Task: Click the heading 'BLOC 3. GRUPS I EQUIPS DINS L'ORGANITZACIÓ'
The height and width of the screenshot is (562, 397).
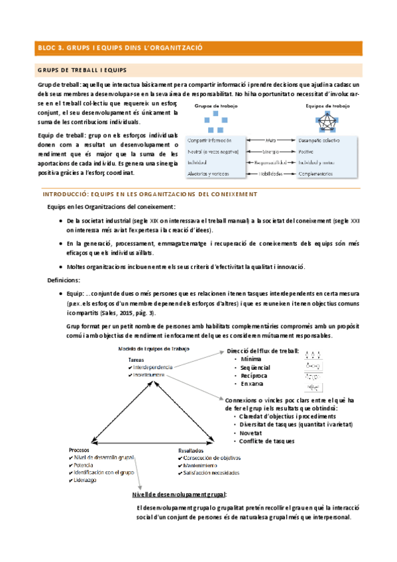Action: [119, 48]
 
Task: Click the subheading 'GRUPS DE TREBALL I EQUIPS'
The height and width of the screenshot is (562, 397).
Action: [82, 70]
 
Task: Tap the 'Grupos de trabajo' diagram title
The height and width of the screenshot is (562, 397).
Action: [217, 105]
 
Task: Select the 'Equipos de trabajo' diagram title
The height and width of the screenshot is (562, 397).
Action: [327, 105]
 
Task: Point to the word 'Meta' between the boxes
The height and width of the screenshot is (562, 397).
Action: [270, 141]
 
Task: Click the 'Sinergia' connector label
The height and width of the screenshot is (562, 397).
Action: [270, 152]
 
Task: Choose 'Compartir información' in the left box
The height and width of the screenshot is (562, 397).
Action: [210, 141]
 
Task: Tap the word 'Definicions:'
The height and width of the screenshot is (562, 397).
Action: [64, 280]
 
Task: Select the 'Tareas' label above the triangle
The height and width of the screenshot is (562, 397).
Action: [137, 359]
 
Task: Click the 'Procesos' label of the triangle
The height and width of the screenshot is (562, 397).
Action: [80, 449]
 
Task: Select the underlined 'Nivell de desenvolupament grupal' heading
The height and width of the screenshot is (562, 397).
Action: [179, 494]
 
